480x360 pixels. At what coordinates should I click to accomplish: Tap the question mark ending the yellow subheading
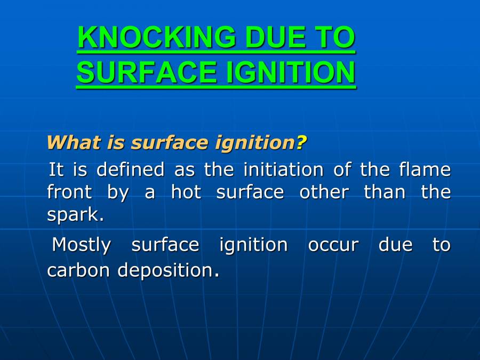coord(302,143)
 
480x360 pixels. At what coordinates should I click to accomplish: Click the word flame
coord(425,170)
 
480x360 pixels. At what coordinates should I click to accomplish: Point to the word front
coord(69,192)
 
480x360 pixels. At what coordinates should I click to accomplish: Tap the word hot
coord(186,192)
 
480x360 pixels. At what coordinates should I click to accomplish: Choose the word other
coord(324,192)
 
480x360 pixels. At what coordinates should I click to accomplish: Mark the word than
coord(385,192)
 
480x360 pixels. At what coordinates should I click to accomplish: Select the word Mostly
coord(82,245)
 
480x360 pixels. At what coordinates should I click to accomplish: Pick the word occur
coord(333,246)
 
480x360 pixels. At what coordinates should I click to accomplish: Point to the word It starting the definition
coord(56,170)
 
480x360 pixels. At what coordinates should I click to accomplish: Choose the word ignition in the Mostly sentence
coord(253,246)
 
